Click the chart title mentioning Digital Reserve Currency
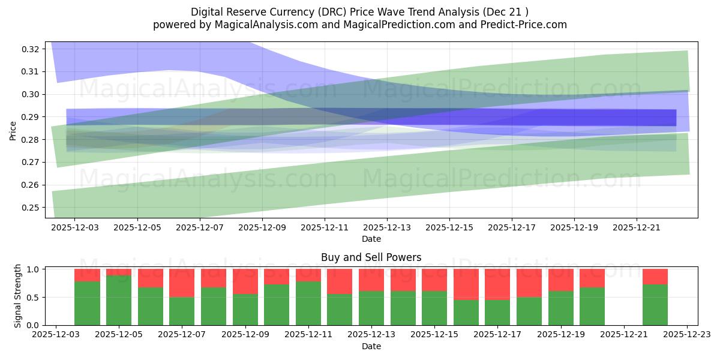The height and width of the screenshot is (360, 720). (x=359, y=11)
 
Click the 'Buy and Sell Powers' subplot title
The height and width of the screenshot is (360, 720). (x=371, y=257)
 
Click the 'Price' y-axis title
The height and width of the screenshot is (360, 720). (x=13, y=130)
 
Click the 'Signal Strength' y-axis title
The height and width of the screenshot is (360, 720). (x=18, y=296)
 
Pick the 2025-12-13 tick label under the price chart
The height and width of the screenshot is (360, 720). (x=387, y=228)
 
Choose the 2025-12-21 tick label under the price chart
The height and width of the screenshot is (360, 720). (x=637, y=228)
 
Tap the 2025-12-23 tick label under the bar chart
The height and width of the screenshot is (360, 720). (x=687, y=335)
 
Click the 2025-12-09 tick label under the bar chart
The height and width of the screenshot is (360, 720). (x=245, y=335)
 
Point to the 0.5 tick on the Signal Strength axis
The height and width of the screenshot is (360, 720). (x=34, y=297)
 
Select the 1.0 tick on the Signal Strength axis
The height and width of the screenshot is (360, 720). (x=34, y=269)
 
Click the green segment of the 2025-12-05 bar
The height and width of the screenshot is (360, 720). (x=119, y=300)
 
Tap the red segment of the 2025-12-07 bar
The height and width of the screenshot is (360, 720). (x=182, y=283)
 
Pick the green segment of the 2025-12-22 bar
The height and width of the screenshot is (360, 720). (x=655, y=305)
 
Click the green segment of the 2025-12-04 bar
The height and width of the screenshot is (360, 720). (x=87, y=303)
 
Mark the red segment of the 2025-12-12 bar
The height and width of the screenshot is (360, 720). (x=340, y=281)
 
